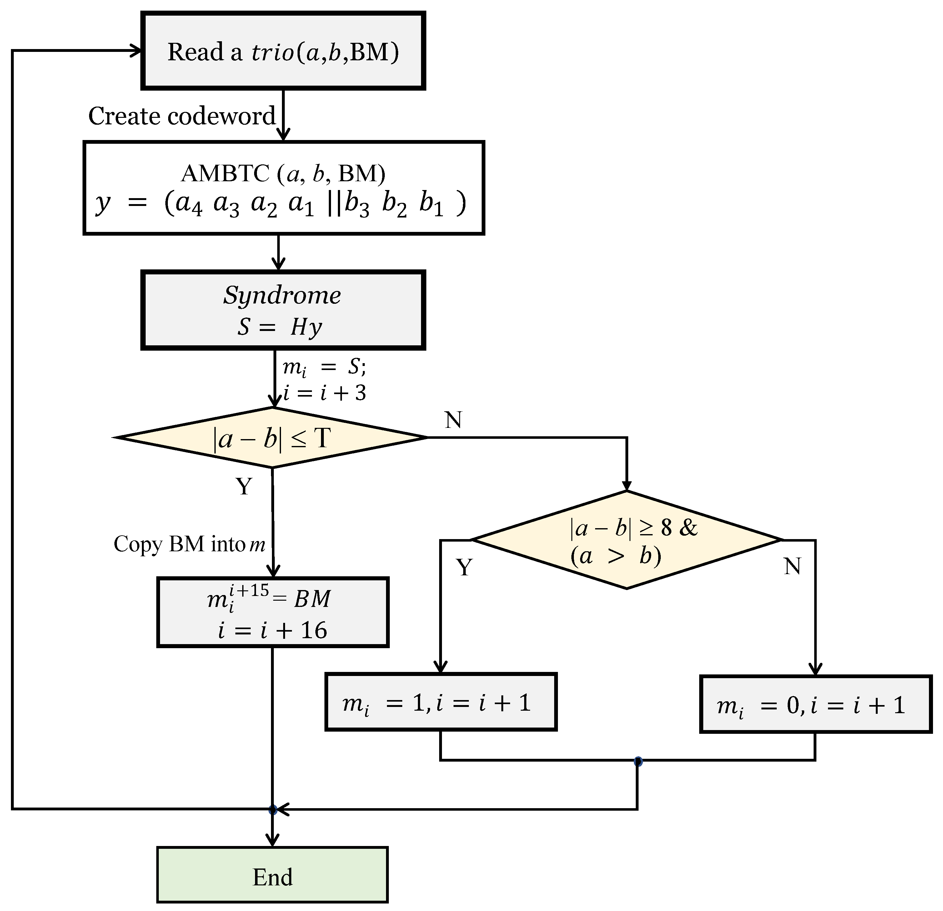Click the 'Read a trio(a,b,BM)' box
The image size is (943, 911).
tap(283, 51)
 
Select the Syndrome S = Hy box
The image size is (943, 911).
tap(283, 310)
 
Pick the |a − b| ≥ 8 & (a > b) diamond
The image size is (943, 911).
tap(626, 540)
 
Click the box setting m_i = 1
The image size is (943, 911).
tap(441, 702)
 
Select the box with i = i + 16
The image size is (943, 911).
tap(272, 612)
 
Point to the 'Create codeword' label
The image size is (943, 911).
tap(182, 116)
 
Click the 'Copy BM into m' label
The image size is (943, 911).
tap(189, 544)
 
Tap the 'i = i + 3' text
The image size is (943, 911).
tap(325, 393)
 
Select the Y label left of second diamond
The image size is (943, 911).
tap(464, 567)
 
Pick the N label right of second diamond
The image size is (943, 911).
tap(792, 566)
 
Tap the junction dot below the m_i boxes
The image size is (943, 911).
tap(638, 761)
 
